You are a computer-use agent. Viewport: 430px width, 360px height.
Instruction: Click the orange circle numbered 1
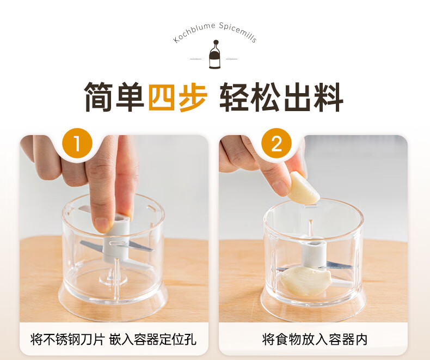click(x=77, y=143)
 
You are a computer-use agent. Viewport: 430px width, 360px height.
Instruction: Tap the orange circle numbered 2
click(x=276, y=143)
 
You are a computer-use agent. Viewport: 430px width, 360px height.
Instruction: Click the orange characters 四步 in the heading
click(x=177, y=96)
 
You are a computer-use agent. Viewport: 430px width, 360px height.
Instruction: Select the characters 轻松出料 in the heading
click(x=281, y=96)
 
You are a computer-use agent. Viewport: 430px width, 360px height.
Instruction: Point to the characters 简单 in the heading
click(x=114, y=96)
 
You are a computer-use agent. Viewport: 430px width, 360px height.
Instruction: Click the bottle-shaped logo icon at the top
click(x=216, y=54)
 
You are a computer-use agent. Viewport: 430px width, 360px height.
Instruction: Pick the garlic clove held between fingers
click(x=304, y=188)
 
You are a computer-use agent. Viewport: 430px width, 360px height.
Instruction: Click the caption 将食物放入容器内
click(x=314, y=339)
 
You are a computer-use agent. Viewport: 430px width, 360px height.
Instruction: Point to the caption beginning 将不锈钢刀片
click(x=113, y=339)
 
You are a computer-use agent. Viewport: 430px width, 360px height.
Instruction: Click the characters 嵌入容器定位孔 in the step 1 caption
click(x=152, y=339)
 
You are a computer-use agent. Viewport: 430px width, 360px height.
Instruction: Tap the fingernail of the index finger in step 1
click(x=102, y=224)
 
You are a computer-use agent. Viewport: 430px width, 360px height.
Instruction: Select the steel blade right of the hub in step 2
click(x=339, y=265)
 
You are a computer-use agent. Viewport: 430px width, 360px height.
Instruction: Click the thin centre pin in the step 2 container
click(x=311, y=228)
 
